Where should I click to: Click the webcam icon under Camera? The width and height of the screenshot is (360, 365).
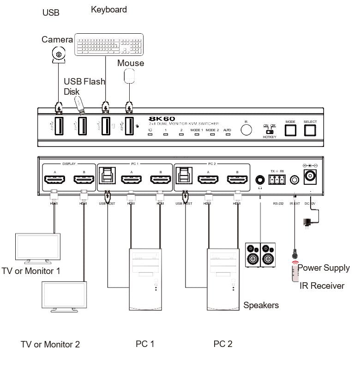tap(59, 55)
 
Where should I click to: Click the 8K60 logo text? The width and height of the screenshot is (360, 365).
tap(166, 118)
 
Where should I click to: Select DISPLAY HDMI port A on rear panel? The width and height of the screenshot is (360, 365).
tap(54, 180)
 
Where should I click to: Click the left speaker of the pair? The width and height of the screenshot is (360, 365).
tap(253, 255)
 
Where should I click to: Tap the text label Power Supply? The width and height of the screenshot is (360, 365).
tap(324, 268)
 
